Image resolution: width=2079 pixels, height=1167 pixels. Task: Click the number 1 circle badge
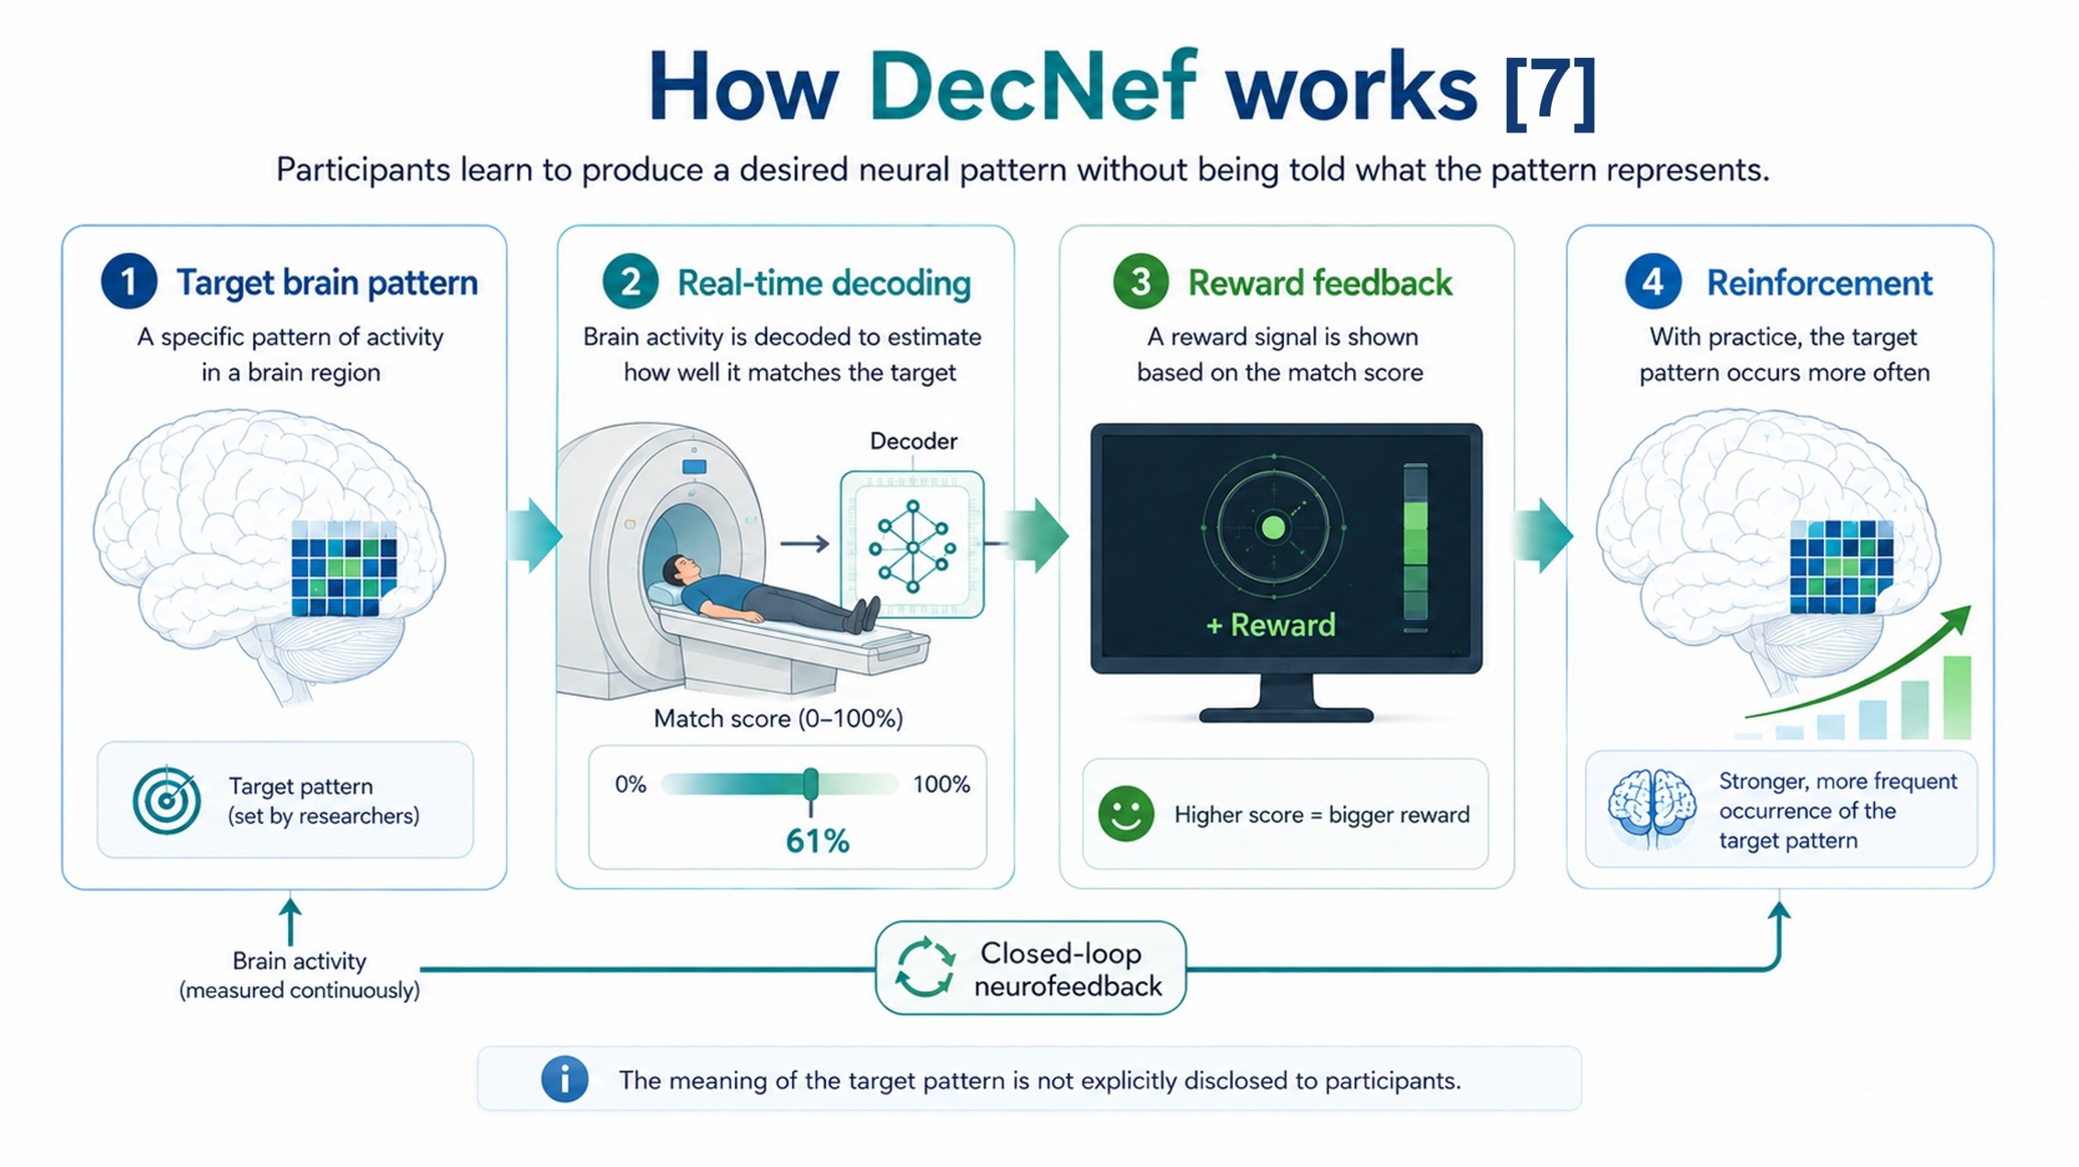point(129,281)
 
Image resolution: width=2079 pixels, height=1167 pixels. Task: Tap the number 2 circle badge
point(630,281)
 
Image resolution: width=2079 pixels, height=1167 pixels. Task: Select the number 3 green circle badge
point(1141,281)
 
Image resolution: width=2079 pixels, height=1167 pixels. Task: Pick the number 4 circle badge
point(1653,281)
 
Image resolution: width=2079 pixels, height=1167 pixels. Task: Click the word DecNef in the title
point(1032,87)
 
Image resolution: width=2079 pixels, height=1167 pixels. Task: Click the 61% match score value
point(818,841)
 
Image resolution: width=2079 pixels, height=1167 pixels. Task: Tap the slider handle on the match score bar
point(810,785)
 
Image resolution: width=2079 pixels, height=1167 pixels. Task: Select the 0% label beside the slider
point(630,784)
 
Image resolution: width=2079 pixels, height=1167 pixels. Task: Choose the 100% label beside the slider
point(941,784)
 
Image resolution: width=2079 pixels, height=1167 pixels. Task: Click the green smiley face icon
point(1126,814)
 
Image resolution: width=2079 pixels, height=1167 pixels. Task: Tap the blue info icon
point(565,1079)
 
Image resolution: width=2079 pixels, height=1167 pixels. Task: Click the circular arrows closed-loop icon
point(925,968)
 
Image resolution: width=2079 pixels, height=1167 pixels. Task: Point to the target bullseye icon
point(167,800)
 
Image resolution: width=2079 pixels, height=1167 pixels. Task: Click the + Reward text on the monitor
point(1270,626)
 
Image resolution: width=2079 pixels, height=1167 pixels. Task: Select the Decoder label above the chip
point(913,442)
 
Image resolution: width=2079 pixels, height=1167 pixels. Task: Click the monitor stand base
point(1286,714)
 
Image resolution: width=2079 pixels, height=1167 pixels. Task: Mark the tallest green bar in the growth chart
point(1957,697)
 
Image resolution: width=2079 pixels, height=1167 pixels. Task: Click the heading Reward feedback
point(1320,283)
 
